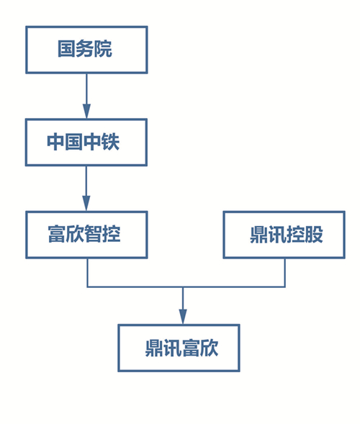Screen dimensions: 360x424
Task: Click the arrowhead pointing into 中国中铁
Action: (x=86, y=111)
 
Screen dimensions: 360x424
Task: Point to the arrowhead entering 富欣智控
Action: (x=86, y=204)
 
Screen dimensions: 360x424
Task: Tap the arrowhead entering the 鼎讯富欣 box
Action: (x=183, y=317)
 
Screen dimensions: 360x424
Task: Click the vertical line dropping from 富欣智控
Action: (x=87, y=272)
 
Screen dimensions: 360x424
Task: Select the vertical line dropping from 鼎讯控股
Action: (x=285, y=272)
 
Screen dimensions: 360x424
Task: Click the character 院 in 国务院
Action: (x=103, y=49)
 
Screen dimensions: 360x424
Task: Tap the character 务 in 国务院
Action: (x=85, y=49)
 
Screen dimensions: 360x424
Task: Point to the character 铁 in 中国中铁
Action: (x=110, y=141)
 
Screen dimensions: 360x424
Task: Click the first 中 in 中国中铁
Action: (x=55, y=141)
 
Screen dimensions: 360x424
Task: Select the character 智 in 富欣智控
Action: (x=94, y=234)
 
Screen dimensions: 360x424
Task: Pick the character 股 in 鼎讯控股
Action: (x=314, y=234)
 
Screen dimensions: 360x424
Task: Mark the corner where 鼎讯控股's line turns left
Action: (x=285, y=287)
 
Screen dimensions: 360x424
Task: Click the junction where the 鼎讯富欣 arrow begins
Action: (x=183, y=287)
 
